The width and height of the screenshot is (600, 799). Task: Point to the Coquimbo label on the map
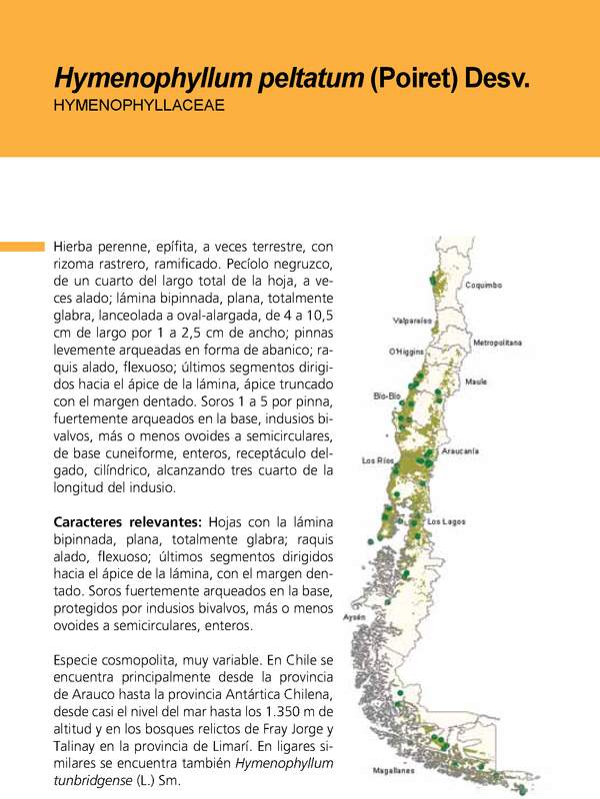[x=483, y=285]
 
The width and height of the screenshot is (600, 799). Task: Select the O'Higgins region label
[x=407, y=353]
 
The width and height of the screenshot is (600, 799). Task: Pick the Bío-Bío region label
[x=387, y=396]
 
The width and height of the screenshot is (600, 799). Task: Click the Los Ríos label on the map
[x=378, y=460]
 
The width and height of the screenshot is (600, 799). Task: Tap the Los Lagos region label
[x=447, y=522]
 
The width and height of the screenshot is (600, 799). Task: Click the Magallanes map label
[x=393, y=771]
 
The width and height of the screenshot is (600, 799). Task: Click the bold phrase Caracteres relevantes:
[x=127, y=523]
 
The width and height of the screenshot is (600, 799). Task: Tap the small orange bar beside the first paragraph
[x=22, y=246]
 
